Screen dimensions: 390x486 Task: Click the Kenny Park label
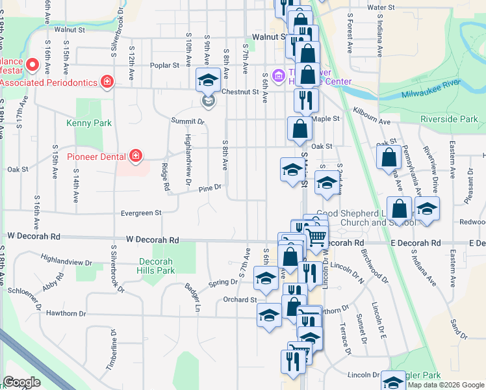point(89,123)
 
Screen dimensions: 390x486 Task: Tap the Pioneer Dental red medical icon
point(135,156)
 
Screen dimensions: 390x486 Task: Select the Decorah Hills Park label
point(156,266)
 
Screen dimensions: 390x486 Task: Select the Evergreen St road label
point(140,213)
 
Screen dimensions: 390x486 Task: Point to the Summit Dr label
point(188,122)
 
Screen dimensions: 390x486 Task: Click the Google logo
point(23,382)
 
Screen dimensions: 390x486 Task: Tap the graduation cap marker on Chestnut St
point(207,81)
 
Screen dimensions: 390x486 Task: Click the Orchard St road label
point(240,300)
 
